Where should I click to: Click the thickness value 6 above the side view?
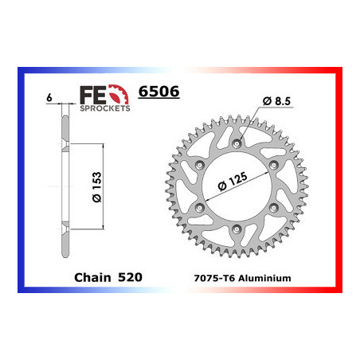tap(49, 97)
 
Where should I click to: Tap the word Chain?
tap(91, 278)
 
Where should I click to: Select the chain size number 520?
tap(130, 278)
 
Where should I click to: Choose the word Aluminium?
tap(267, 278)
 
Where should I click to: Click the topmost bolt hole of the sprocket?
tap(237, 144)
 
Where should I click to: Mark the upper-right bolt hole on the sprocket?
tap(274, 166)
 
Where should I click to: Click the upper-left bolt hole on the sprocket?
tap(199, 166)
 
